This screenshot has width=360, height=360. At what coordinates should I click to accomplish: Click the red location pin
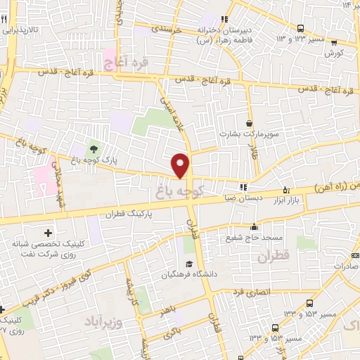coord(181,165)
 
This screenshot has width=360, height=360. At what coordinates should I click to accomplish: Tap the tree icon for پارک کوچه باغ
coord(93,148)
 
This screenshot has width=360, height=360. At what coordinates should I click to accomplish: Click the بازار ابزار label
coord(305,201)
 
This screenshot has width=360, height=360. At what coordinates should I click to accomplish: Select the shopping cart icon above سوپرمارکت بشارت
coord(248,121)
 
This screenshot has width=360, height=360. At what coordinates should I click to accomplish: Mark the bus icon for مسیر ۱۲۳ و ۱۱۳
coord(300,28)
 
